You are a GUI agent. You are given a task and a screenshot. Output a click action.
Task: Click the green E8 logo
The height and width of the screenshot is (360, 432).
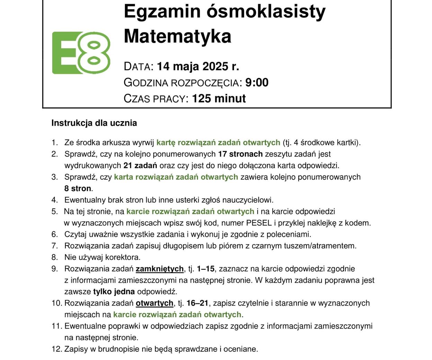(81, 53)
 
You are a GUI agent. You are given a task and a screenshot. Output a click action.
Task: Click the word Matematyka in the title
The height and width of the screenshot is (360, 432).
(177, 36)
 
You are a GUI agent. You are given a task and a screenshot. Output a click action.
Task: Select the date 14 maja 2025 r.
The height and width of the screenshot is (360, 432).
(198, 66)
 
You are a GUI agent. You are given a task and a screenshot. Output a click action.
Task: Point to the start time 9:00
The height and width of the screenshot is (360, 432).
(257, 82)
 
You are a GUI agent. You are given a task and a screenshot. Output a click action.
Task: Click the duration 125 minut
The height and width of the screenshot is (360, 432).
(219, 98)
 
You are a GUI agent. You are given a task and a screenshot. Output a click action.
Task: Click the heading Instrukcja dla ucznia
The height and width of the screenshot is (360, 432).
(94, 123)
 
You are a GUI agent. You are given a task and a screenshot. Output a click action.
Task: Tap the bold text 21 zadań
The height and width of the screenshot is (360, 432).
(140, 165)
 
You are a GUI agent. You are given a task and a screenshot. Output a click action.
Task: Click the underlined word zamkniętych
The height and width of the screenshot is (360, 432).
(160, 269)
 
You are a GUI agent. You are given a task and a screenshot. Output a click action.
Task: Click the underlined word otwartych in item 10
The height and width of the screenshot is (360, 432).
(154, 303)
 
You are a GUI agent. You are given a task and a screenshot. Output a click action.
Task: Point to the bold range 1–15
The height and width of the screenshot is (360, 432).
(206, 269)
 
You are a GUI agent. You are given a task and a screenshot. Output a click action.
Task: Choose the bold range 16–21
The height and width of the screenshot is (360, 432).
(197, 303)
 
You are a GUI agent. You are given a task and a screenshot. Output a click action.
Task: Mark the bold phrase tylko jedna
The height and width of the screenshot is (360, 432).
(114, 291)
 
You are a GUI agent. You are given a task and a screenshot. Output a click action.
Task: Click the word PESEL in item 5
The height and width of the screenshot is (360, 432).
(259, 223)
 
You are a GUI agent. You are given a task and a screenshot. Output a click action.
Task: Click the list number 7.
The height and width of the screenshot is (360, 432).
(54, 246)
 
